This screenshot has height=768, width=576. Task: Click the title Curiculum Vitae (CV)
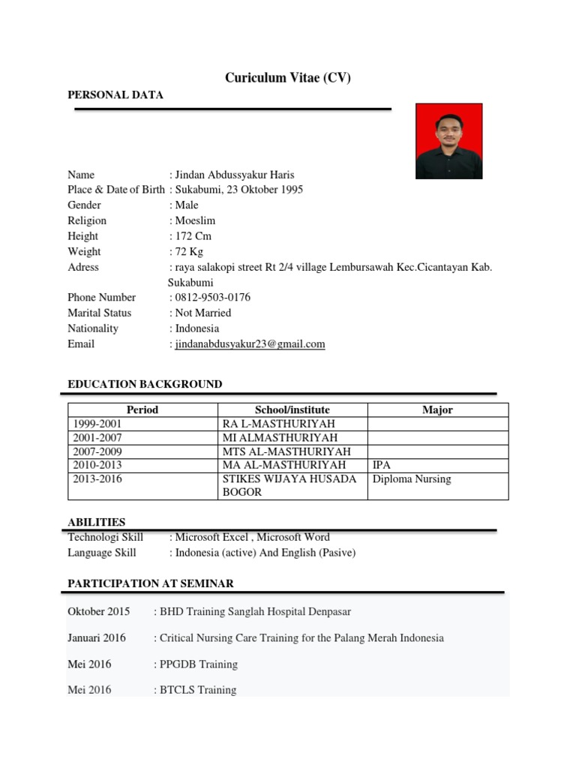point(288,78)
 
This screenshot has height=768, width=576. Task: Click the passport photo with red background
point(449,142)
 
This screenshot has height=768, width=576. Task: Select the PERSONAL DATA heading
point(115,95)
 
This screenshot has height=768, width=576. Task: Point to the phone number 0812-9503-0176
point(212,298)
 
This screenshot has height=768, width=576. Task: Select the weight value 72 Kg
point(189,252)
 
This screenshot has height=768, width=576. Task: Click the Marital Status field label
point(99,313)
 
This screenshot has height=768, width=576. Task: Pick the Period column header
point(142,410)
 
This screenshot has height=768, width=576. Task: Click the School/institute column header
point(292,410)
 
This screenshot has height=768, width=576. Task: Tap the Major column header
point(437,410)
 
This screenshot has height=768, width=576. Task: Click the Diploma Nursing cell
point(412,479)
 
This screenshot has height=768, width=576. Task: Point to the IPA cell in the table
point(382,465)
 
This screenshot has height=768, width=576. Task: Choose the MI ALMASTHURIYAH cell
point(280,437)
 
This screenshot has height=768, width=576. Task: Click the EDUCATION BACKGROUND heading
point(145,385)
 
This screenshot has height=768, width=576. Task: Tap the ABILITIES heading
point(97,522)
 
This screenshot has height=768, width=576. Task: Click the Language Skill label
point(102,553)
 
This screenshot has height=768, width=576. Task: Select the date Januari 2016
point(97,638)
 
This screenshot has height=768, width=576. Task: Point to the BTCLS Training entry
point(197,690)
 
